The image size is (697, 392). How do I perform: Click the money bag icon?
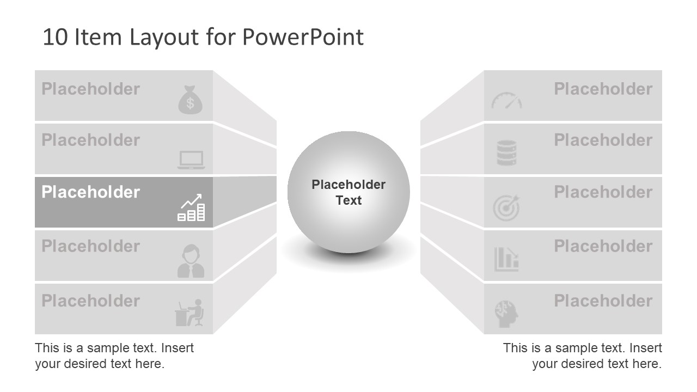190,100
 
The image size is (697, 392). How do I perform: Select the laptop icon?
191,160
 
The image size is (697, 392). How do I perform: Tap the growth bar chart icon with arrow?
192,207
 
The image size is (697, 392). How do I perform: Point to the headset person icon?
191,261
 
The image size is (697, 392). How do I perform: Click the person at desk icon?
189,313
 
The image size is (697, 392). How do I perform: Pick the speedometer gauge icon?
506,100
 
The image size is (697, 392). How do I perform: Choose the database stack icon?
506,153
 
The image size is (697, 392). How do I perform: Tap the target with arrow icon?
506,207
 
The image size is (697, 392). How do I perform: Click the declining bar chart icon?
506,259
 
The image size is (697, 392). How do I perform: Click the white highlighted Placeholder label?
90,192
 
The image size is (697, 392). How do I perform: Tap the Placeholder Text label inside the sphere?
348,193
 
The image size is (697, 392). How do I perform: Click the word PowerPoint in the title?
303,37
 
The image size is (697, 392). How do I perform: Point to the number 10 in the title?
54,37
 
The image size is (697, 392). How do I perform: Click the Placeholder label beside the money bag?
90,89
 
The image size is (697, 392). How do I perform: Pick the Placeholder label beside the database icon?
603,140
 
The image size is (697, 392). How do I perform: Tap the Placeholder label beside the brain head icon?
603,301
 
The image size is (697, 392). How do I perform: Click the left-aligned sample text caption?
114,356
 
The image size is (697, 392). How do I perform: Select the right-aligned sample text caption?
582,356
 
